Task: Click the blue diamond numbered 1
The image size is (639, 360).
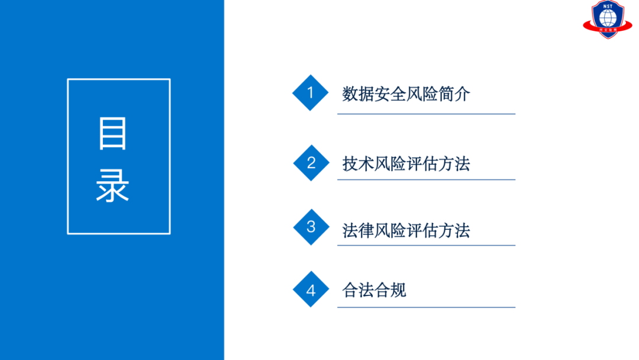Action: pyautogui.click(x=310, y=93)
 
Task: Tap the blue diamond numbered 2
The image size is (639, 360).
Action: pyautogui.click(x=311, y=163)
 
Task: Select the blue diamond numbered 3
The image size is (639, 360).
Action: pyautogui.click(x=311, y=227)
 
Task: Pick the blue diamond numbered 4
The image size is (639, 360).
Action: pyautogui.click(x=311, y=290)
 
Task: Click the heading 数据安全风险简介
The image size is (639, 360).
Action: pyautogui.click(x=406, y=94)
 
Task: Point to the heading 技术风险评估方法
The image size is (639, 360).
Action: pyautogui.click(x=406, y=163)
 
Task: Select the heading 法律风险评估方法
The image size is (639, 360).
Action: pyautogui.click(x=406, y=230)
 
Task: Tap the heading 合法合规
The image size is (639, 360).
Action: pyautogui.click(x=374, y=290)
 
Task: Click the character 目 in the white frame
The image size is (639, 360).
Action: pyautogui.click(x=113, y=134)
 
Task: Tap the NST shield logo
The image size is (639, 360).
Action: pyautogui.click(x=608, y=20)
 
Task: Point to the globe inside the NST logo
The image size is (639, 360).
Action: pyautogui.click(x=608, y=18)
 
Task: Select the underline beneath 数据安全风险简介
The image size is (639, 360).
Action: pyautogui.click(x=426, y=114)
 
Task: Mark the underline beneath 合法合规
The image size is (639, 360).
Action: pyautogui.click(x=426, y=307)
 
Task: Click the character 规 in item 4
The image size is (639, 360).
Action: pyautogui.click(x=398, y=290)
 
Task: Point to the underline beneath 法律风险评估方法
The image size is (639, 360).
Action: pyautogui.click(x=426, y=245)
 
